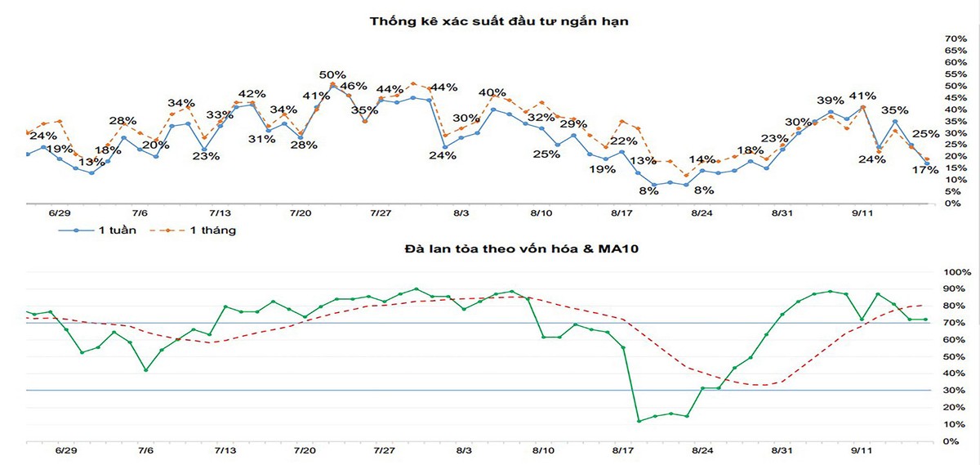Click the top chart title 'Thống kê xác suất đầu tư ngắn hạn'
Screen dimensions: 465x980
click(x=498, y=21)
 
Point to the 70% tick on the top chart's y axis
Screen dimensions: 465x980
click(x=955, y=39)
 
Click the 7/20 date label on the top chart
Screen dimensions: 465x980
click(x=301, y=213)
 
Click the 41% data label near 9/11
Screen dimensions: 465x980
click(x=862, y=96)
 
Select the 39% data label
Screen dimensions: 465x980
click(x=830, y=101)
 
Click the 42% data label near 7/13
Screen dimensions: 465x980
click(x=252, y=93)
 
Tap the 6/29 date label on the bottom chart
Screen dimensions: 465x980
click(x=66, y=450)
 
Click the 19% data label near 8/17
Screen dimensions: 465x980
click(x=601, y=169)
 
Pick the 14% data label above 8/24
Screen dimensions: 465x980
click(x=702, y=159)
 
